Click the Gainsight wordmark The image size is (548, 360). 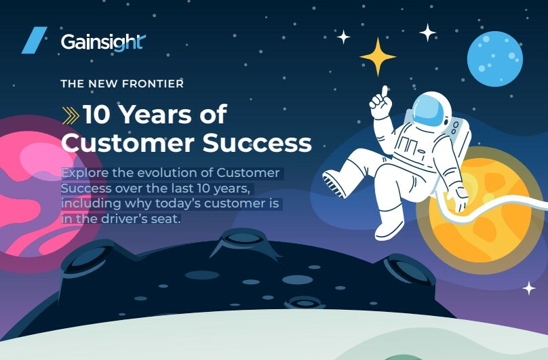coord(103,42)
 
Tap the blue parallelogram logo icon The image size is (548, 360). coord(34,40)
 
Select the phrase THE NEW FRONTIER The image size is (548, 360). coord(122,84)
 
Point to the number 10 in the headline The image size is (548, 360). coord(95,115)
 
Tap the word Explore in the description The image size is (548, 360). coord(84,173)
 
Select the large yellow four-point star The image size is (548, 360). coord(377,56)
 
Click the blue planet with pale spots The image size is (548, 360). coord(494,59)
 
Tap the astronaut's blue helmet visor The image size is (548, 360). coord(427,108)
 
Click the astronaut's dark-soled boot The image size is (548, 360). coord(335,183)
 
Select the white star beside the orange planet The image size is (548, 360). coord(529,288)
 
